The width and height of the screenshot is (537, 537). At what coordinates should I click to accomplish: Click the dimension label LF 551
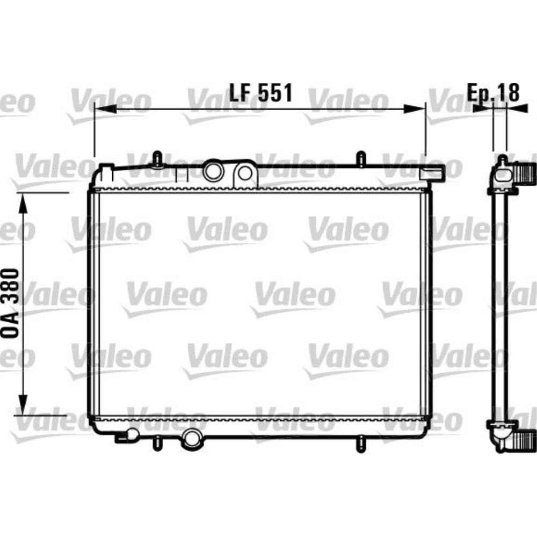(261, 93)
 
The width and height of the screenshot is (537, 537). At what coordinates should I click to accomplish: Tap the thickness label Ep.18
(494, 92)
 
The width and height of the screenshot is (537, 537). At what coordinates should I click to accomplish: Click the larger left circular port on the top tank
(213, 171)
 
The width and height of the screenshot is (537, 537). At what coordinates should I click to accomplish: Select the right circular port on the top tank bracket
(244, 173)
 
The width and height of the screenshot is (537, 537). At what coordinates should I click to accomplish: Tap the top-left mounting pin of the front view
(157, 159)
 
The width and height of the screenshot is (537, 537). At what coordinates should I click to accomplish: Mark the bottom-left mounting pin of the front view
(156, 442)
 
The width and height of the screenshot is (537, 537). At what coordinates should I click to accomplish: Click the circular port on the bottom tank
(191, 439)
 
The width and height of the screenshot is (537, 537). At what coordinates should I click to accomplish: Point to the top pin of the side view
(502, 159)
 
